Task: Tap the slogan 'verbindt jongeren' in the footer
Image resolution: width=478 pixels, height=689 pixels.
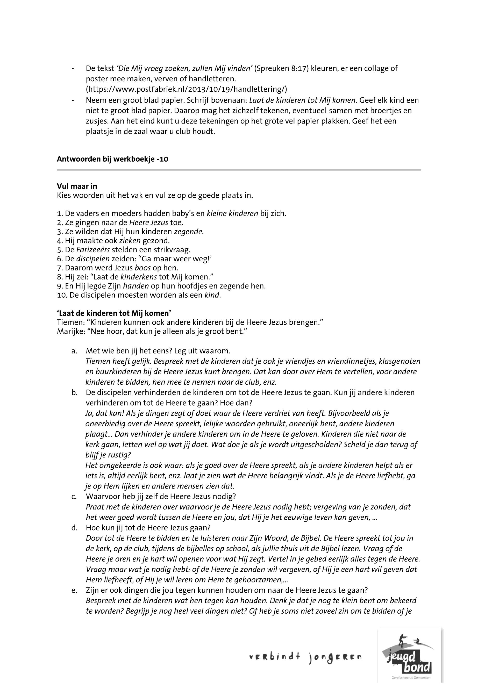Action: (x=305, y=658)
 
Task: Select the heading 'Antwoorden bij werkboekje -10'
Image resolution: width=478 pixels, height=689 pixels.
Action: (x=112, y=159)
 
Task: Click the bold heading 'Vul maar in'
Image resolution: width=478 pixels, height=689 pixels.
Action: (x=77, y=186)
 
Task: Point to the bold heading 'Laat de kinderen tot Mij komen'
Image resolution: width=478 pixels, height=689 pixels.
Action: (x=114, y=313)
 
